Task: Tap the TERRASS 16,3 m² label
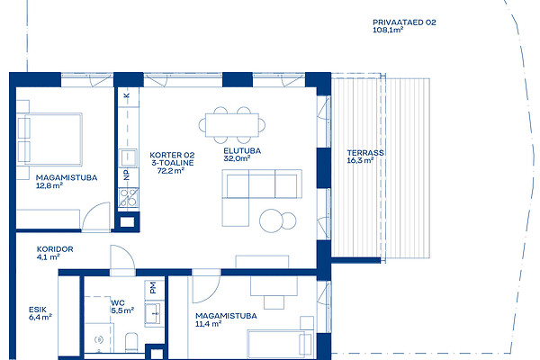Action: (365, 157)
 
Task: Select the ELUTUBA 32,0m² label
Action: (242, 154)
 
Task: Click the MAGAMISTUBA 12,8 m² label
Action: (67, 182)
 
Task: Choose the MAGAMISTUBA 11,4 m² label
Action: (226, 319)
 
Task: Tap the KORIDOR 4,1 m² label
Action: (55, 253)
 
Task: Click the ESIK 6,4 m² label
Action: (40, 313)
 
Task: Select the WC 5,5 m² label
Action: (122, 307)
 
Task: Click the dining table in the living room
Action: (232, 125)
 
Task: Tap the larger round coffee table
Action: (271, 220)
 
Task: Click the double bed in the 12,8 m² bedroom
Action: (49, 139)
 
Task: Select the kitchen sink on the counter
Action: (128, 157)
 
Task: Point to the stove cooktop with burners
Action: (128, 197)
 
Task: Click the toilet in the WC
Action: (131, 342)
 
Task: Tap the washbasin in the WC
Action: (153, 313)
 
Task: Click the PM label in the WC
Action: (153, 287)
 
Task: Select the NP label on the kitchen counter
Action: (127, 175)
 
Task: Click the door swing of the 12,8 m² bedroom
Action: (95, 216)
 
